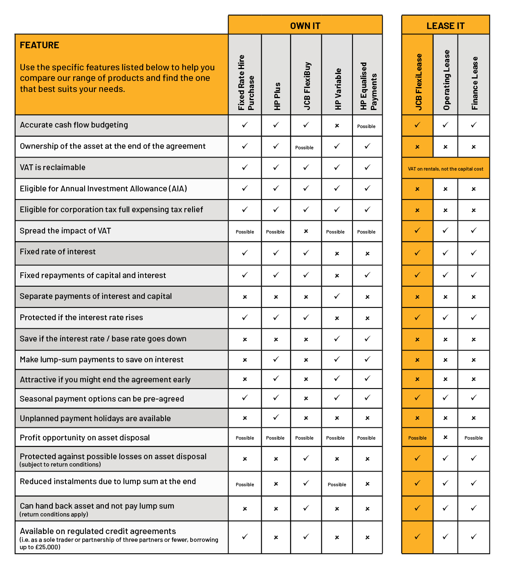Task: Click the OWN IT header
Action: (305, 26)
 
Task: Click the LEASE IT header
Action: (445, 26)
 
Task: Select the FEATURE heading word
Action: (40, 45)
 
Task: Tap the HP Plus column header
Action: (277, 96)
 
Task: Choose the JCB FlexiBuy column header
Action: (307, 86)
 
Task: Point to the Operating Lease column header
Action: (446, 80)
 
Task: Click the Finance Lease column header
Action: (474, 83)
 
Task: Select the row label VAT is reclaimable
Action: (53, 167)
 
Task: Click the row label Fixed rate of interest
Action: (58, 252)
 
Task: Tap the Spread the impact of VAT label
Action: (65, 231)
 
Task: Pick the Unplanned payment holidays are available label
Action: (95, 418)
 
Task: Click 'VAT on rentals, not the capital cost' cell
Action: (445, 169)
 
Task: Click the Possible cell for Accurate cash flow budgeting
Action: (366, 126)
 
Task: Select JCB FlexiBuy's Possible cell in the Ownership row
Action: (305, 148)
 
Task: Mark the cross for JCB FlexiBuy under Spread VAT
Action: (306, 231)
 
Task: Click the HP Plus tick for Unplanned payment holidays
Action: (276, 418)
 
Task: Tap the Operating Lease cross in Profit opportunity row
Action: (445, 437)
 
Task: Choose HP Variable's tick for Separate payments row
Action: (337, 296)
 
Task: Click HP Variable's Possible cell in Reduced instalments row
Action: (337, 485)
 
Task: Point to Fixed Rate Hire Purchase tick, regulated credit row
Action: (245, 537)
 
